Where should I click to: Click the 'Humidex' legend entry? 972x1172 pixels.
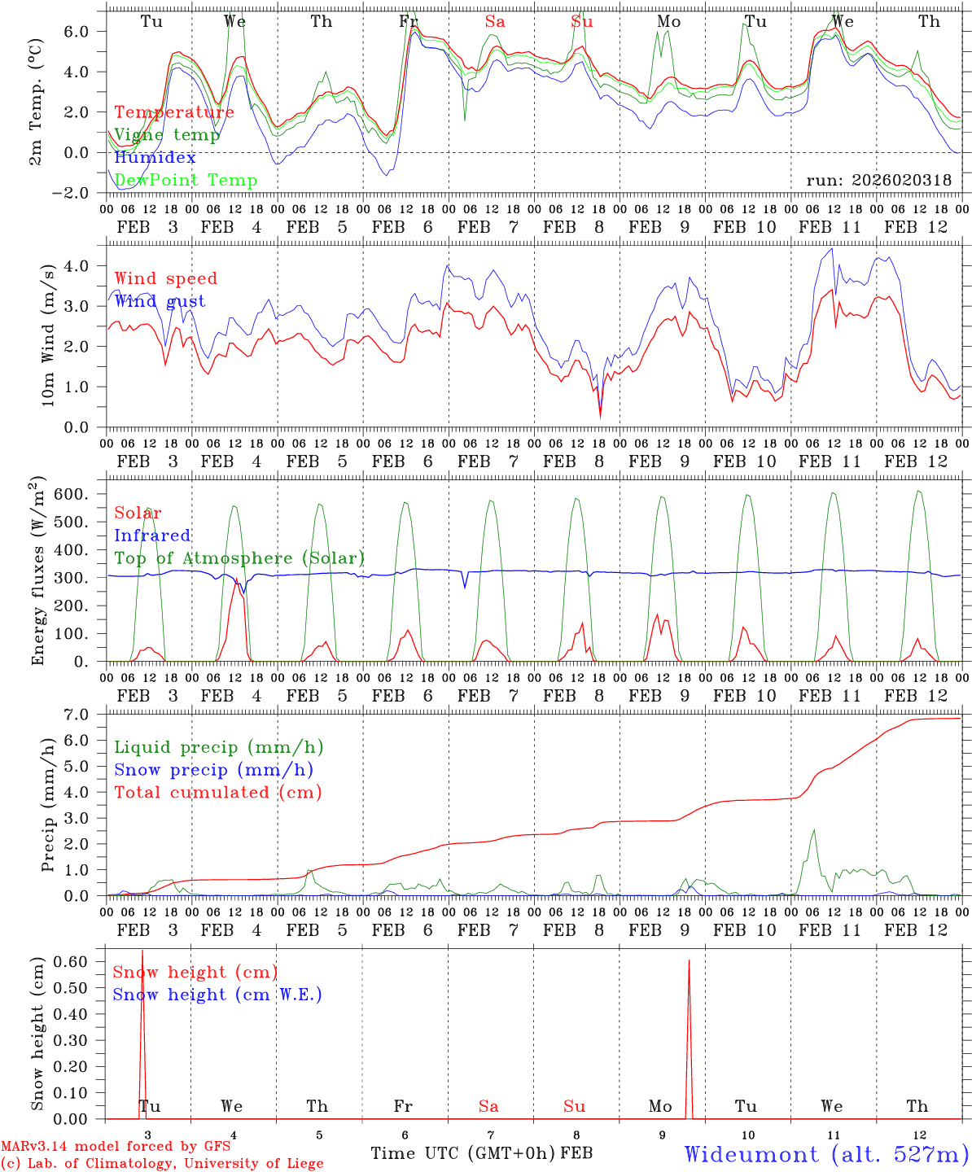pos(155,158)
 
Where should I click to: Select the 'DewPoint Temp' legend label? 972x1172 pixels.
pos(186,180)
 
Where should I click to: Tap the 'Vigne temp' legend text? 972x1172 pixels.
pos(167,135)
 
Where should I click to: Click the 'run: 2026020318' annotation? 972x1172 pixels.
pos(878,181)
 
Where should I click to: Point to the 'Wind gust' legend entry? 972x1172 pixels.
pos(160,301)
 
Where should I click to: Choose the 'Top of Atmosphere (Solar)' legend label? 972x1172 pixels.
pos(239,558)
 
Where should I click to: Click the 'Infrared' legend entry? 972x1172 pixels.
pos(152,536)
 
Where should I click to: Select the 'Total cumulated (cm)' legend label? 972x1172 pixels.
pos(217,792)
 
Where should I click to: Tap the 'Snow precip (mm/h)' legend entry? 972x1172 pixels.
pos(214,770)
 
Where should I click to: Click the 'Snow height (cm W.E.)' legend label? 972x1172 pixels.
pos(217,995)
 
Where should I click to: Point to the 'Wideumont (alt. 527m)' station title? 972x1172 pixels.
pos(825,1154)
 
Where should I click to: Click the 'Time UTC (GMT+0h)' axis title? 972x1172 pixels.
pos(463,1153)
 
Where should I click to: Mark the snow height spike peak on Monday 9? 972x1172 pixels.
pos(689,960)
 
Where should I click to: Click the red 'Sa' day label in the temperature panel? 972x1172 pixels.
pos(495,22)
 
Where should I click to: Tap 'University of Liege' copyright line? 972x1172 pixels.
pos(162,1164)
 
